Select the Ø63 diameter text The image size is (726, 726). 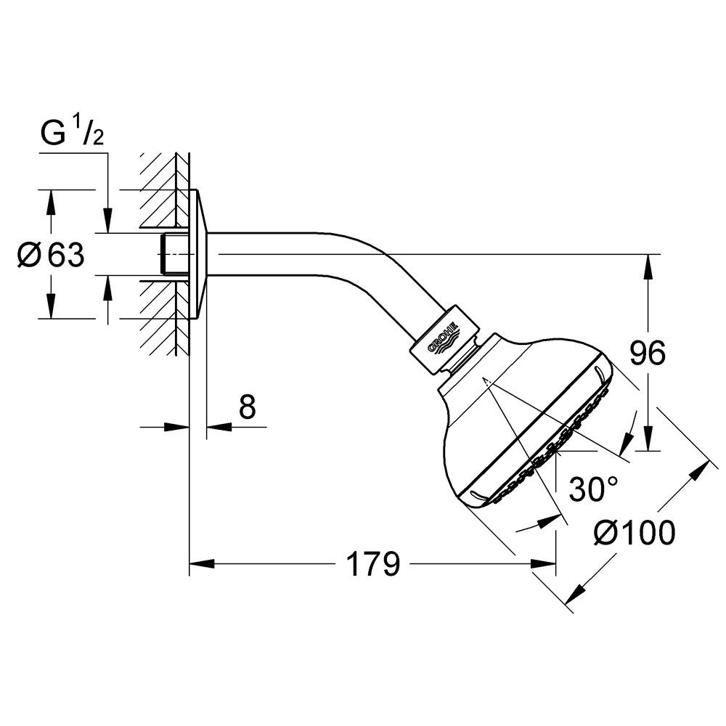[x=51, y=255]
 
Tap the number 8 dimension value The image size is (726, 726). [x=248, y=407]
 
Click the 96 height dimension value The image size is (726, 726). [x=647, y=354]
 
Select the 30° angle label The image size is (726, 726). [x=593, y=489]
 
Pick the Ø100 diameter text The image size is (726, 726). [x=634, y=534]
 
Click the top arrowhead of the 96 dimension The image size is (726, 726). [x=648, y=265]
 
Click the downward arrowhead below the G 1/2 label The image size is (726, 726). [x=107, y=221]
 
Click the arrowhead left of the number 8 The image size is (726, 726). [x=179, y=428]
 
